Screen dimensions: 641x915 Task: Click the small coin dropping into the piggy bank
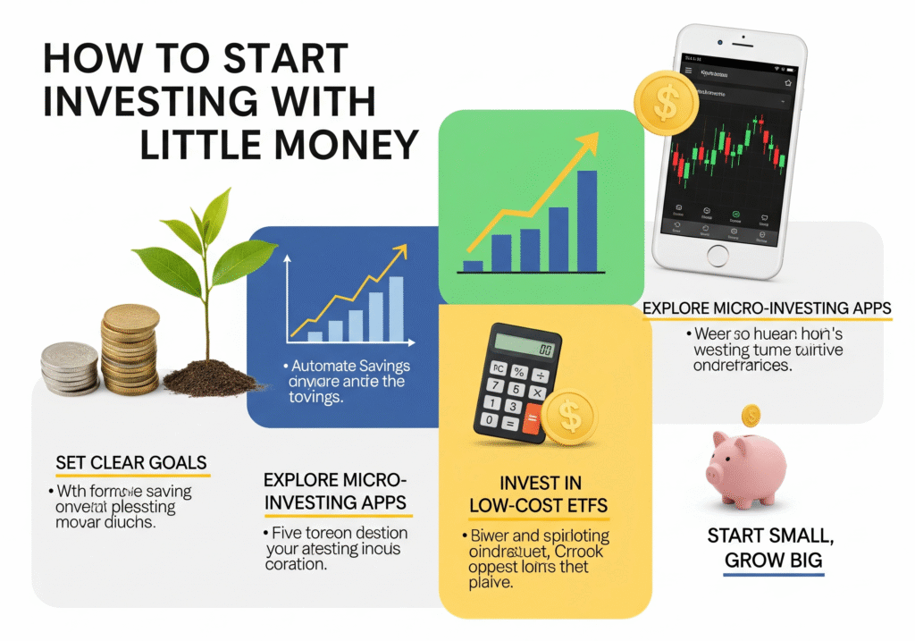(751, 415)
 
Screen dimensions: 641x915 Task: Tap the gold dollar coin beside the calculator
(569, 417)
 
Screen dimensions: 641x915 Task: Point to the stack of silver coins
(69, 368)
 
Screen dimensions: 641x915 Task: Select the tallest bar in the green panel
(586, 220)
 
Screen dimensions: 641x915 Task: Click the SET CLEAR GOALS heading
(130, 463)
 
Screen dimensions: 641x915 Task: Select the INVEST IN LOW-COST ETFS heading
(539, 494)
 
